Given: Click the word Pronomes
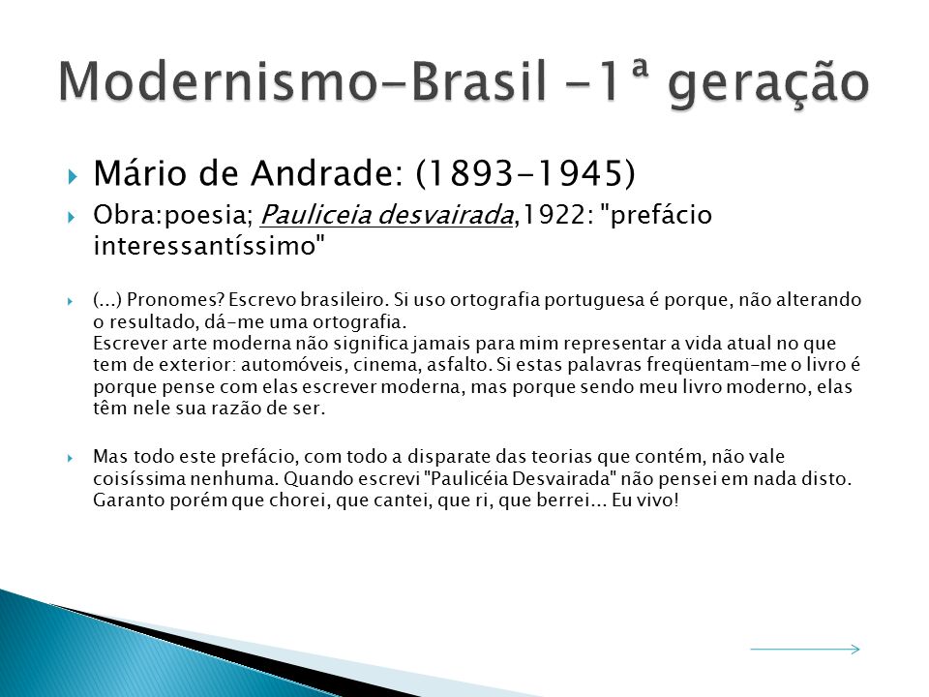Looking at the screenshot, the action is [172, 299].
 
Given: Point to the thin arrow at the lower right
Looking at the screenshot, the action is [805, 649].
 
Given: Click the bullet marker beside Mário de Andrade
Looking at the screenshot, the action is [73, 176].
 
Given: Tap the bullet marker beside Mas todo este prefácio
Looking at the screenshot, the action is [71, 458].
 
